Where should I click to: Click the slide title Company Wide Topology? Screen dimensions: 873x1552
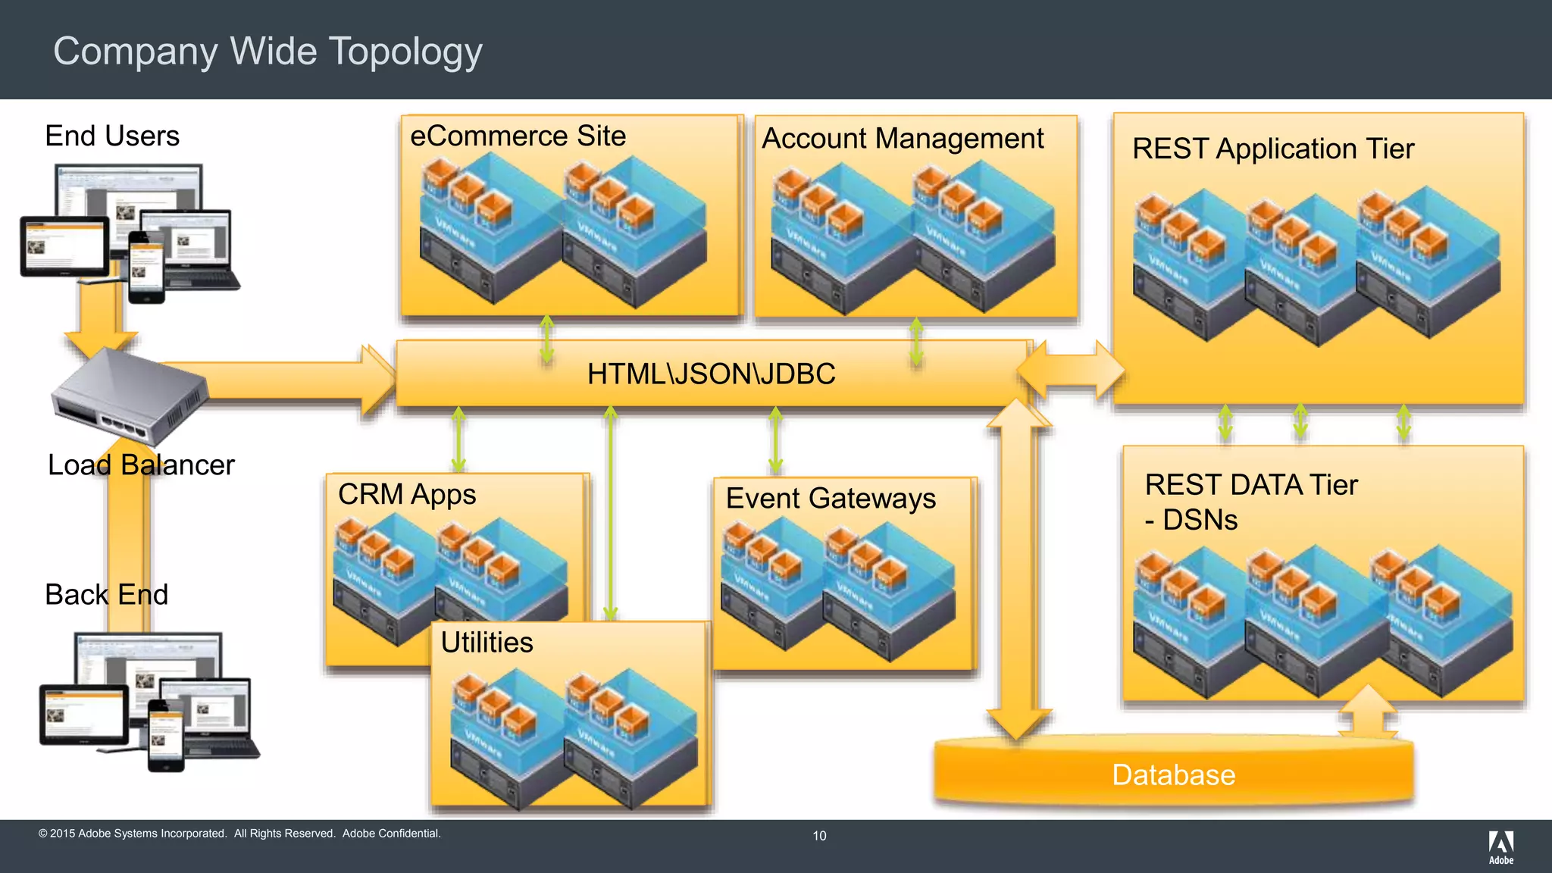coord(268,52)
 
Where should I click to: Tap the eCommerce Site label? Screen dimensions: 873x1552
coord(518,136)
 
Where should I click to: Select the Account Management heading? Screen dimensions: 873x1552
coord(902,139)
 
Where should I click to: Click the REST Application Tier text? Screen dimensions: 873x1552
coord(1272,149)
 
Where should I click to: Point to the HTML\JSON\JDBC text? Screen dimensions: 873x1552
coord(711,374)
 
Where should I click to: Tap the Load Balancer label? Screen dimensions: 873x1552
coord(141,465)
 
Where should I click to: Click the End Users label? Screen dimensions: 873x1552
coord(112,136)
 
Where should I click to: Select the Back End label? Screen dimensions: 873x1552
coord(106,595)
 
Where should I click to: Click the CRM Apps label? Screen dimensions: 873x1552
coord(407,494)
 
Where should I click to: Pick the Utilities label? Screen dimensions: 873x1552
coord(487,643)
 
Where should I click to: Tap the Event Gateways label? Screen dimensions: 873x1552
coord(831,499)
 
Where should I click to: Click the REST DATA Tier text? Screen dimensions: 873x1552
coord(1251,485)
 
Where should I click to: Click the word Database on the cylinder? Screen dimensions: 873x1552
coord(1173,775)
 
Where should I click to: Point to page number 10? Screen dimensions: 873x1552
coord(819,836)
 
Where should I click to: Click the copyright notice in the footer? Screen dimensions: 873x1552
coord(239,834)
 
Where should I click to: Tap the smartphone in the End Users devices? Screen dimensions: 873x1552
coord(146,268)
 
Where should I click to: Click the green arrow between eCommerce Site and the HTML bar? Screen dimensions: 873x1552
coord(546,338)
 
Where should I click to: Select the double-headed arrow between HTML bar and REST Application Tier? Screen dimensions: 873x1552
coord(1070,370)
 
